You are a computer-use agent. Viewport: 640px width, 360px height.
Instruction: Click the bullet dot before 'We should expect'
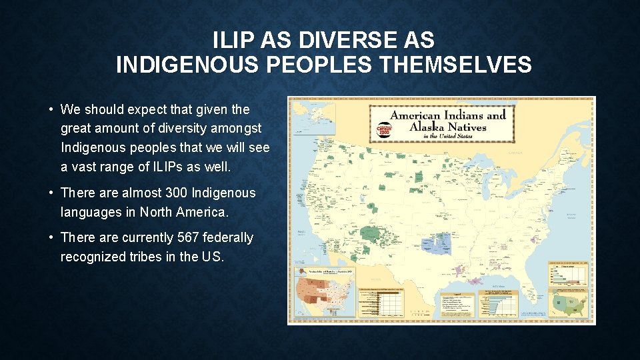point(50,109)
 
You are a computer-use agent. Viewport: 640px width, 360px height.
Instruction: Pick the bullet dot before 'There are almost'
point(50,193)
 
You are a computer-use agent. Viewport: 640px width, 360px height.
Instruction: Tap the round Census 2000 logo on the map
point(384,128)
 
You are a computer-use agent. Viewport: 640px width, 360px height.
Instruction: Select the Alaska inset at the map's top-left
point(327,120)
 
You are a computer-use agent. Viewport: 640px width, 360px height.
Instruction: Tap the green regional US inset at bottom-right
point(569,305)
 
